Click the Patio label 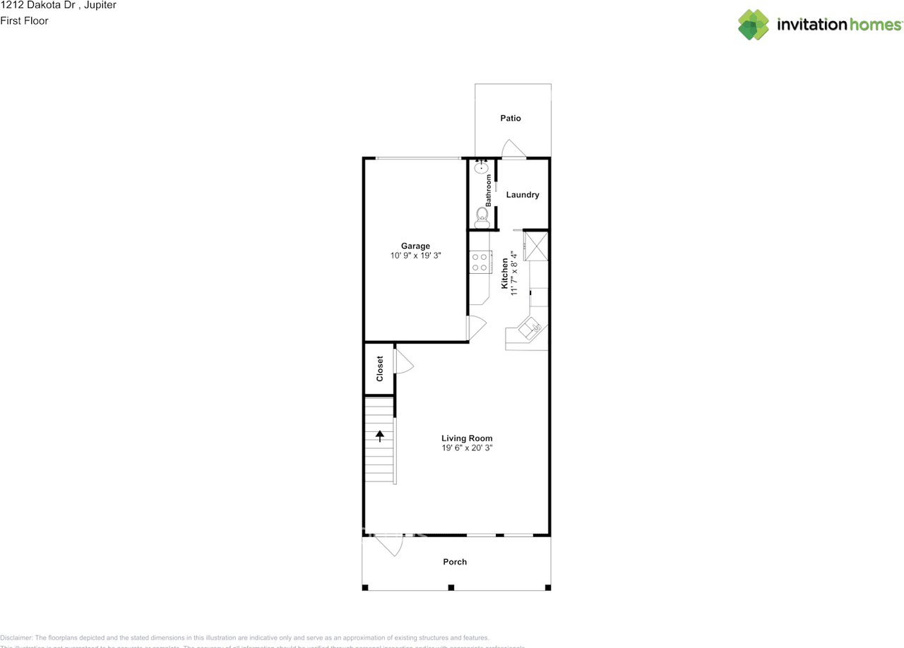[511, 118]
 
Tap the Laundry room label [523, 195]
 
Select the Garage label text [415, 246]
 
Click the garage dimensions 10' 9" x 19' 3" [415, 256]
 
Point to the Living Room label [467, 438]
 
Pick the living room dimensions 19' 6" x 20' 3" [467, 448]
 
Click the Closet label [380, 368]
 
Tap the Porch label [455, 562]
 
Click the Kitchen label [505, 272]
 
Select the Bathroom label [488, 191]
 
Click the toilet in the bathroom [482, 215]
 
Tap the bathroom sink [482, 167]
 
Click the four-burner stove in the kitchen [480, 262]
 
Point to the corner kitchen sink [530, 328]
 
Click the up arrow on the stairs [380, 436]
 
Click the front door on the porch [388, 544]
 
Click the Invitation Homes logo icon [754, 25]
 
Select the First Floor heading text [25, 20]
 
